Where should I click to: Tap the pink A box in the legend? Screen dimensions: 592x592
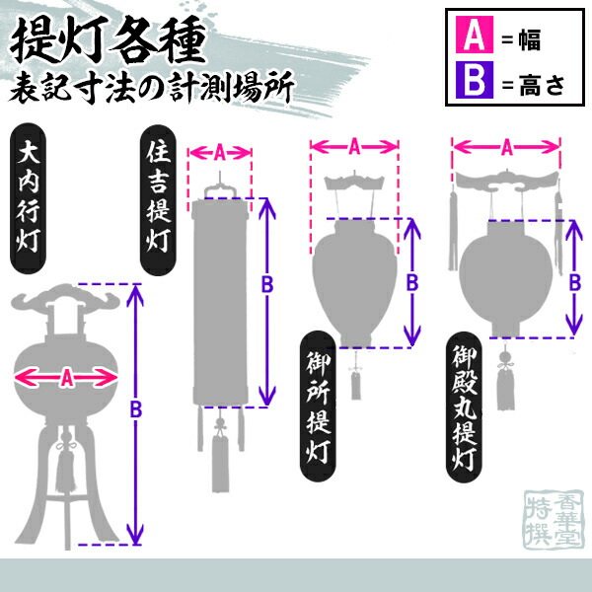point(473,39)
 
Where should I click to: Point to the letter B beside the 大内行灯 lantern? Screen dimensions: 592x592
point(137,408)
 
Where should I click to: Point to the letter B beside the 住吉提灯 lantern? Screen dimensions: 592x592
point(267,284)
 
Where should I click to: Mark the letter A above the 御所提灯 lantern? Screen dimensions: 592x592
point(354,146)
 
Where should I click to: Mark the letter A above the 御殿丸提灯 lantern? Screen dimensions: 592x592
point(506,147)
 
